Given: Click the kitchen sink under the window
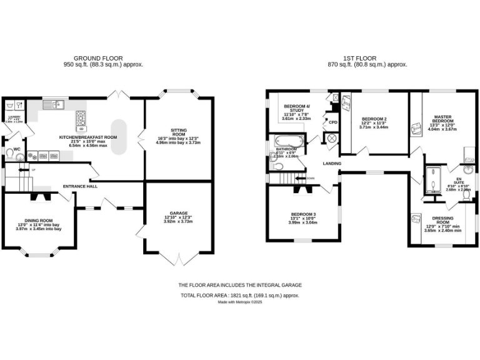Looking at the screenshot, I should (57, 103).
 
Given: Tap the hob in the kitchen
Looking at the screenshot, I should (81, 117).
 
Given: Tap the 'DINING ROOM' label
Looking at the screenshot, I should (38, 221).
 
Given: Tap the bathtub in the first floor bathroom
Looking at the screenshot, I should (287, 144).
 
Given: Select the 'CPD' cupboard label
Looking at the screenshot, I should (332, 122).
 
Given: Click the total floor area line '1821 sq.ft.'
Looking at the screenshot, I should (240, 294).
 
